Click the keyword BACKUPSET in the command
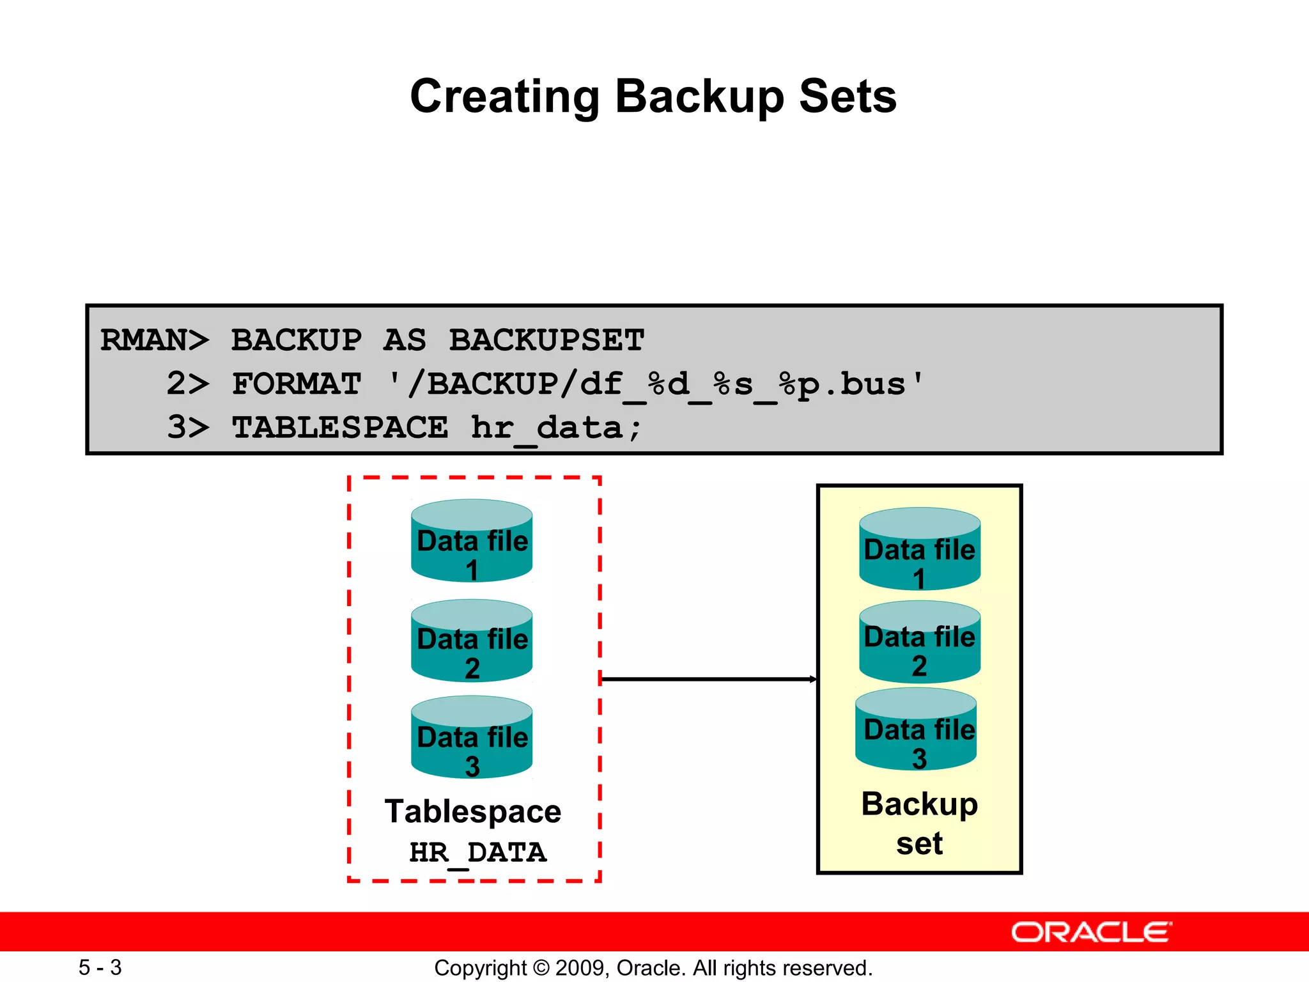point(546,340)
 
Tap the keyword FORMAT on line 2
point(297,384)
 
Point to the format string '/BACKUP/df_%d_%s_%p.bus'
point(656,384)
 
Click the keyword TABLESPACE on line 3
point(340,428)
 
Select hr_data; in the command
point(556,428)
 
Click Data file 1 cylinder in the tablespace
point(472,542)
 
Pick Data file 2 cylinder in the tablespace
point(472,641)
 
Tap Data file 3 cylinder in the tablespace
point(472,738)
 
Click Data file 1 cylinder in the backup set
point(920,550)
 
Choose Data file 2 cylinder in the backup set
point(920,643)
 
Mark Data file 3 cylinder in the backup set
point(916,729)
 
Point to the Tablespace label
point(473,812)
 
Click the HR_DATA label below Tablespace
point(477,853)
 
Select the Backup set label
point(919,823)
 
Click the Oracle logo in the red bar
point(1091,932)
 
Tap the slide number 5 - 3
point(100,967)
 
